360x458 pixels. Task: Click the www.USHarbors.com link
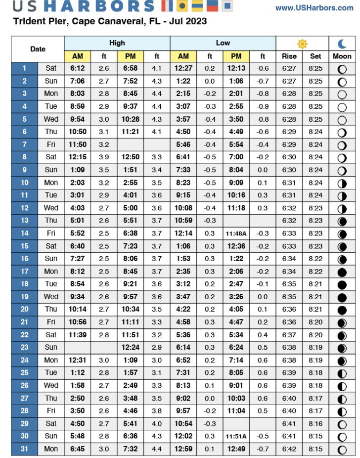tap(314, 8)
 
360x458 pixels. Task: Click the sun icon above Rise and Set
tap(302, 43)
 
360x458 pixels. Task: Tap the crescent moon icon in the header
tap(342, 43)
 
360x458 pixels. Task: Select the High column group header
tap(117, 43)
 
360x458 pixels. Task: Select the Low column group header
tap(223, 43)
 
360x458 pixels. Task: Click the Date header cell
tap(38, 49)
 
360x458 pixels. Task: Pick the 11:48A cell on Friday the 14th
tap(236, 233)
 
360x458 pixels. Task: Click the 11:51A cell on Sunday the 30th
tap(236, 437)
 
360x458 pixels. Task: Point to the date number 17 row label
tap(24, 271)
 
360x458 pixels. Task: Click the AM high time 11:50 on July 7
tap(77, 144)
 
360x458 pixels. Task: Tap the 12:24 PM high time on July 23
tap(131, 348)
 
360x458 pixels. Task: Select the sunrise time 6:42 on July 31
tap(289, 449)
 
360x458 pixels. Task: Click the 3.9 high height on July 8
tap(103, 157)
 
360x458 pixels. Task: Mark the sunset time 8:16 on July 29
tap(315, 424)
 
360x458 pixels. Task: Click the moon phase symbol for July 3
tap(342, 94)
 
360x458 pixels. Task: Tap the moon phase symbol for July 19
tap(342, 297)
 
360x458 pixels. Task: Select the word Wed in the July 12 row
tap(50, 208)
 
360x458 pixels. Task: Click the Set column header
tap(315, 56)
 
